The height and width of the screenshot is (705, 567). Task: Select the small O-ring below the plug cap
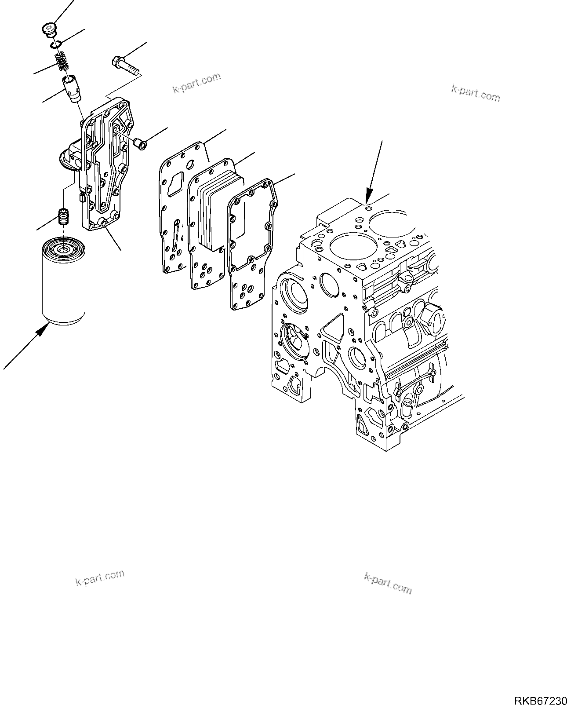(x=55, y=44)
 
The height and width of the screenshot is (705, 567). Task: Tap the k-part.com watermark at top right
(x=475, y=92)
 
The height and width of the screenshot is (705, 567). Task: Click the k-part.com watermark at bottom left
(x=100, y=577)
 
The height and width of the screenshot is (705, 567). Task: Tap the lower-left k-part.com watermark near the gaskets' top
(x=196, y=83)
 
